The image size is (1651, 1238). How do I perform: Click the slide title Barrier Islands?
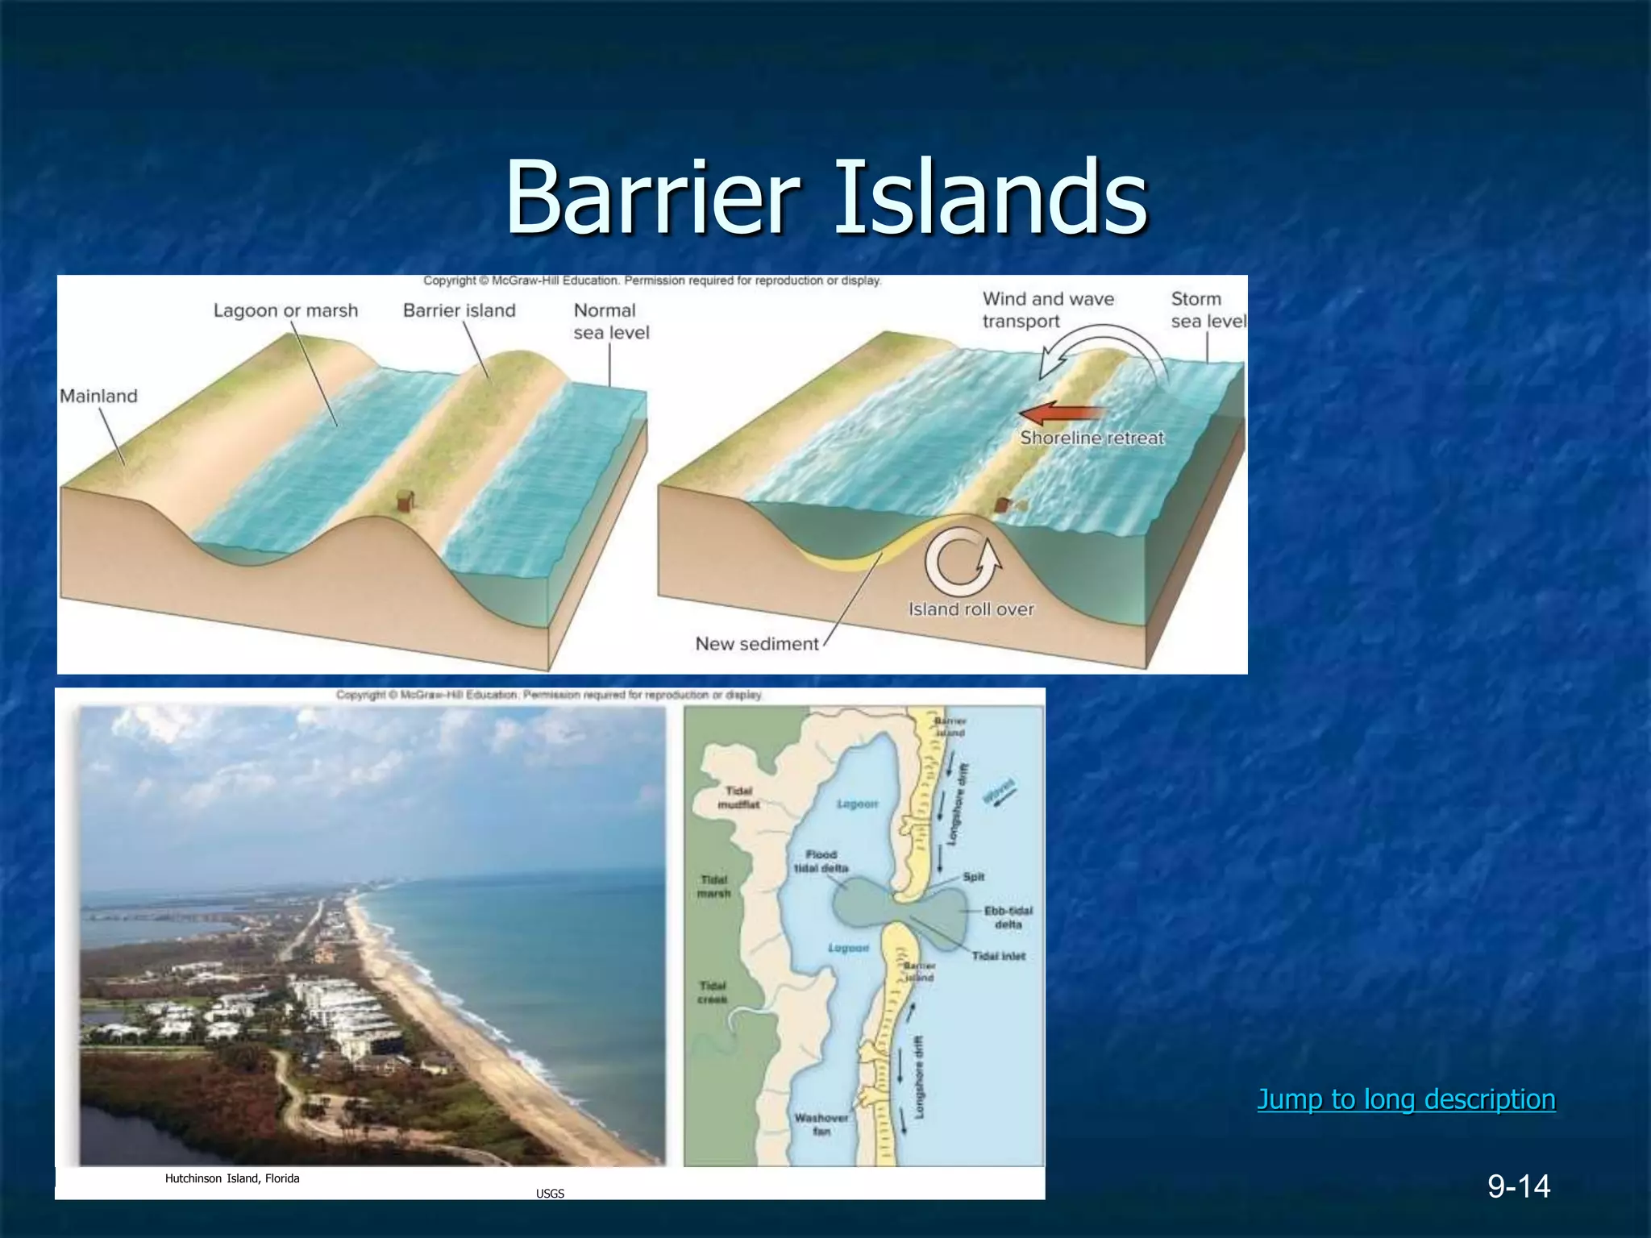tap(825, 197)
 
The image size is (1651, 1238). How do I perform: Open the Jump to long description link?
tap(1406, 1099)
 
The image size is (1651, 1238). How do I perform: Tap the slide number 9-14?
tap(1519, 1186)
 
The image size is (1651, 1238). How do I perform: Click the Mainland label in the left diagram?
tap(98, 396)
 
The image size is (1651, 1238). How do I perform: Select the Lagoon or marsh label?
tap(285, 310)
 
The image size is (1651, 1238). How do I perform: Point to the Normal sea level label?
tap(610, 322)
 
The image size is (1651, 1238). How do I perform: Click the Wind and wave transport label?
tap(1047, 310)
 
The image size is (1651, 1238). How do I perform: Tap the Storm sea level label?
tap(1207, 310)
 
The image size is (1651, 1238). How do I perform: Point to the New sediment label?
tap(756, 644)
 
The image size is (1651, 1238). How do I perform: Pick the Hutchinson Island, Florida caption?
tap(232, 1178)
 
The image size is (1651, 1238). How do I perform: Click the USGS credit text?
tap(550, 1194)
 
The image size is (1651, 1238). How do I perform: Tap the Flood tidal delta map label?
tap(821, 861)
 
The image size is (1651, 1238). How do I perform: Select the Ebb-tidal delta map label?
tap(1007, 917)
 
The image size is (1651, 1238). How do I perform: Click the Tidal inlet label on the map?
tap(998, 956)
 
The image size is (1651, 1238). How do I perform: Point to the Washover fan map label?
tap(821, 1124)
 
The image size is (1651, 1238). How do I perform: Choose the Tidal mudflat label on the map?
tap(738, 798)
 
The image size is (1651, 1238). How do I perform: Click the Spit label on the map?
tap(973, 877)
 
